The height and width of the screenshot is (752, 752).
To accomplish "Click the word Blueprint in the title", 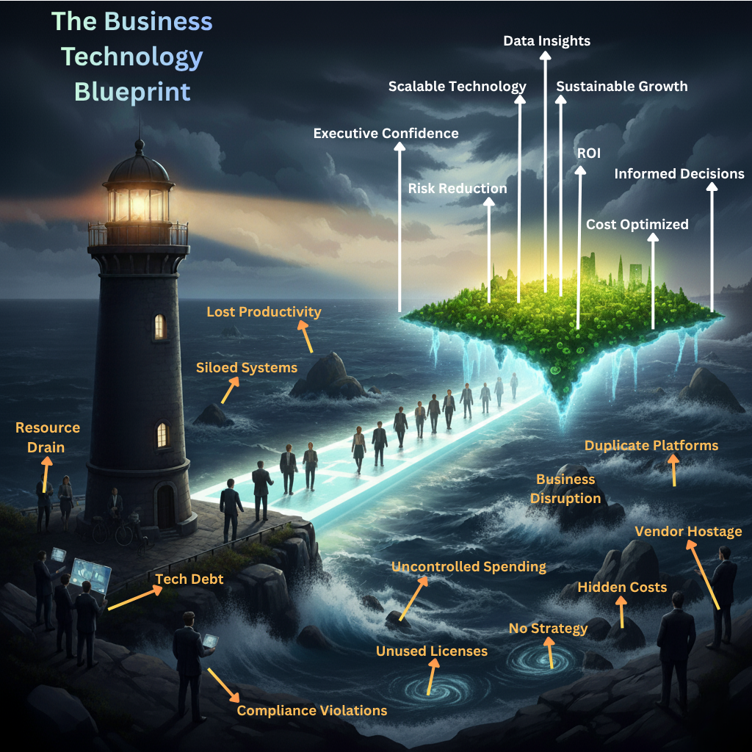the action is coord(132,92).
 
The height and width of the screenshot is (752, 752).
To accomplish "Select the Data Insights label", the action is coord(546,40).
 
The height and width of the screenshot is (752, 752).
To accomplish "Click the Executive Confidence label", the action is coord(386,133).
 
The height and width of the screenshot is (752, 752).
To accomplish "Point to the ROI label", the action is coord(589,153).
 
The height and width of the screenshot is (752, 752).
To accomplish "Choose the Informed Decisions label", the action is coord(679,174).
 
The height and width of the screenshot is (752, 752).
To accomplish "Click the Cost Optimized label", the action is coord(637,224).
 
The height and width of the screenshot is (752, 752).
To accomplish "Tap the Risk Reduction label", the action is coord(457,189).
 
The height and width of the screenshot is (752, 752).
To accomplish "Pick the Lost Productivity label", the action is coord(264,312).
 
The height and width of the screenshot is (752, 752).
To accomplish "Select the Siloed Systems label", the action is coord(246,367).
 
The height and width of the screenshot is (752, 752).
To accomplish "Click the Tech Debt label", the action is coord(189,579).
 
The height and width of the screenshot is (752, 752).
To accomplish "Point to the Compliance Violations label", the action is coord(311,710).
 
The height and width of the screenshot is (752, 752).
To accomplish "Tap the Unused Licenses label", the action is coord(431,651).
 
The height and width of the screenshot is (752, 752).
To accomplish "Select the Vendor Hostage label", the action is coord(688,531).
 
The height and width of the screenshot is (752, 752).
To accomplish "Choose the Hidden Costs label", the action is coord(622,587).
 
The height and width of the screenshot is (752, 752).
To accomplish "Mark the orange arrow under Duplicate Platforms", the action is coord(674,470).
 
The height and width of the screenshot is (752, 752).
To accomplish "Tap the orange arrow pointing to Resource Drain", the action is coord(46,474).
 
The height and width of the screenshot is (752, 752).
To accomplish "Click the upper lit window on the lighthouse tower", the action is coord(159,327).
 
